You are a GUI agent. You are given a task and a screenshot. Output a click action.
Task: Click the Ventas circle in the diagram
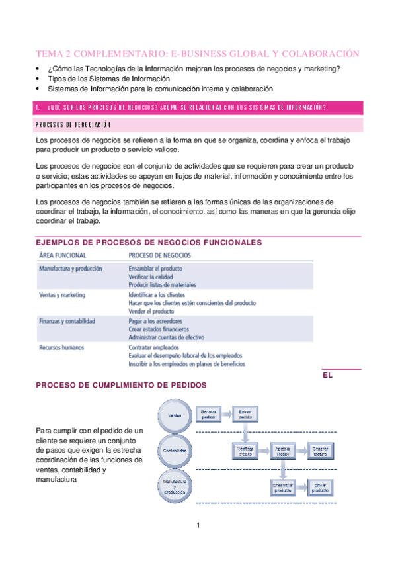point(175,415)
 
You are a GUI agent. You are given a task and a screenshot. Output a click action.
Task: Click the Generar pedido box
point(208,415)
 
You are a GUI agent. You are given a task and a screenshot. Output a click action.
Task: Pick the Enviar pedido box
point(245,415)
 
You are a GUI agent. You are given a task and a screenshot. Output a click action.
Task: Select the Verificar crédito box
point(245,451)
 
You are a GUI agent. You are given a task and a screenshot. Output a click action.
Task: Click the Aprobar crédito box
point(282,451)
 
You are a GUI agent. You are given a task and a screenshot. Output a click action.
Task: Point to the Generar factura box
point(319,451)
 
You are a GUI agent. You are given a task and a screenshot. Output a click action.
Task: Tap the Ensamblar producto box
point(282,488)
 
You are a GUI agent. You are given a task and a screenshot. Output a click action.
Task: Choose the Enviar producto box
point(319,488)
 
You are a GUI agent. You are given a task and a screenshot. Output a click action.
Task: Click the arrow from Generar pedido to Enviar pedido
point(227,415)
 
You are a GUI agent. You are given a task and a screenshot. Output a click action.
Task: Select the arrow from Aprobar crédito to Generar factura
point(301,451)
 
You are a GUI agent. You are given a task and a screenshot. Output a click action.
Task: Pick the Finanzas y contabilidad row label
point(67,321)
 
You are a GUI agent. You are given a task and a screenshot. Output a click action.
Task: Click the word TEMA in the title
point(50,54)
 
